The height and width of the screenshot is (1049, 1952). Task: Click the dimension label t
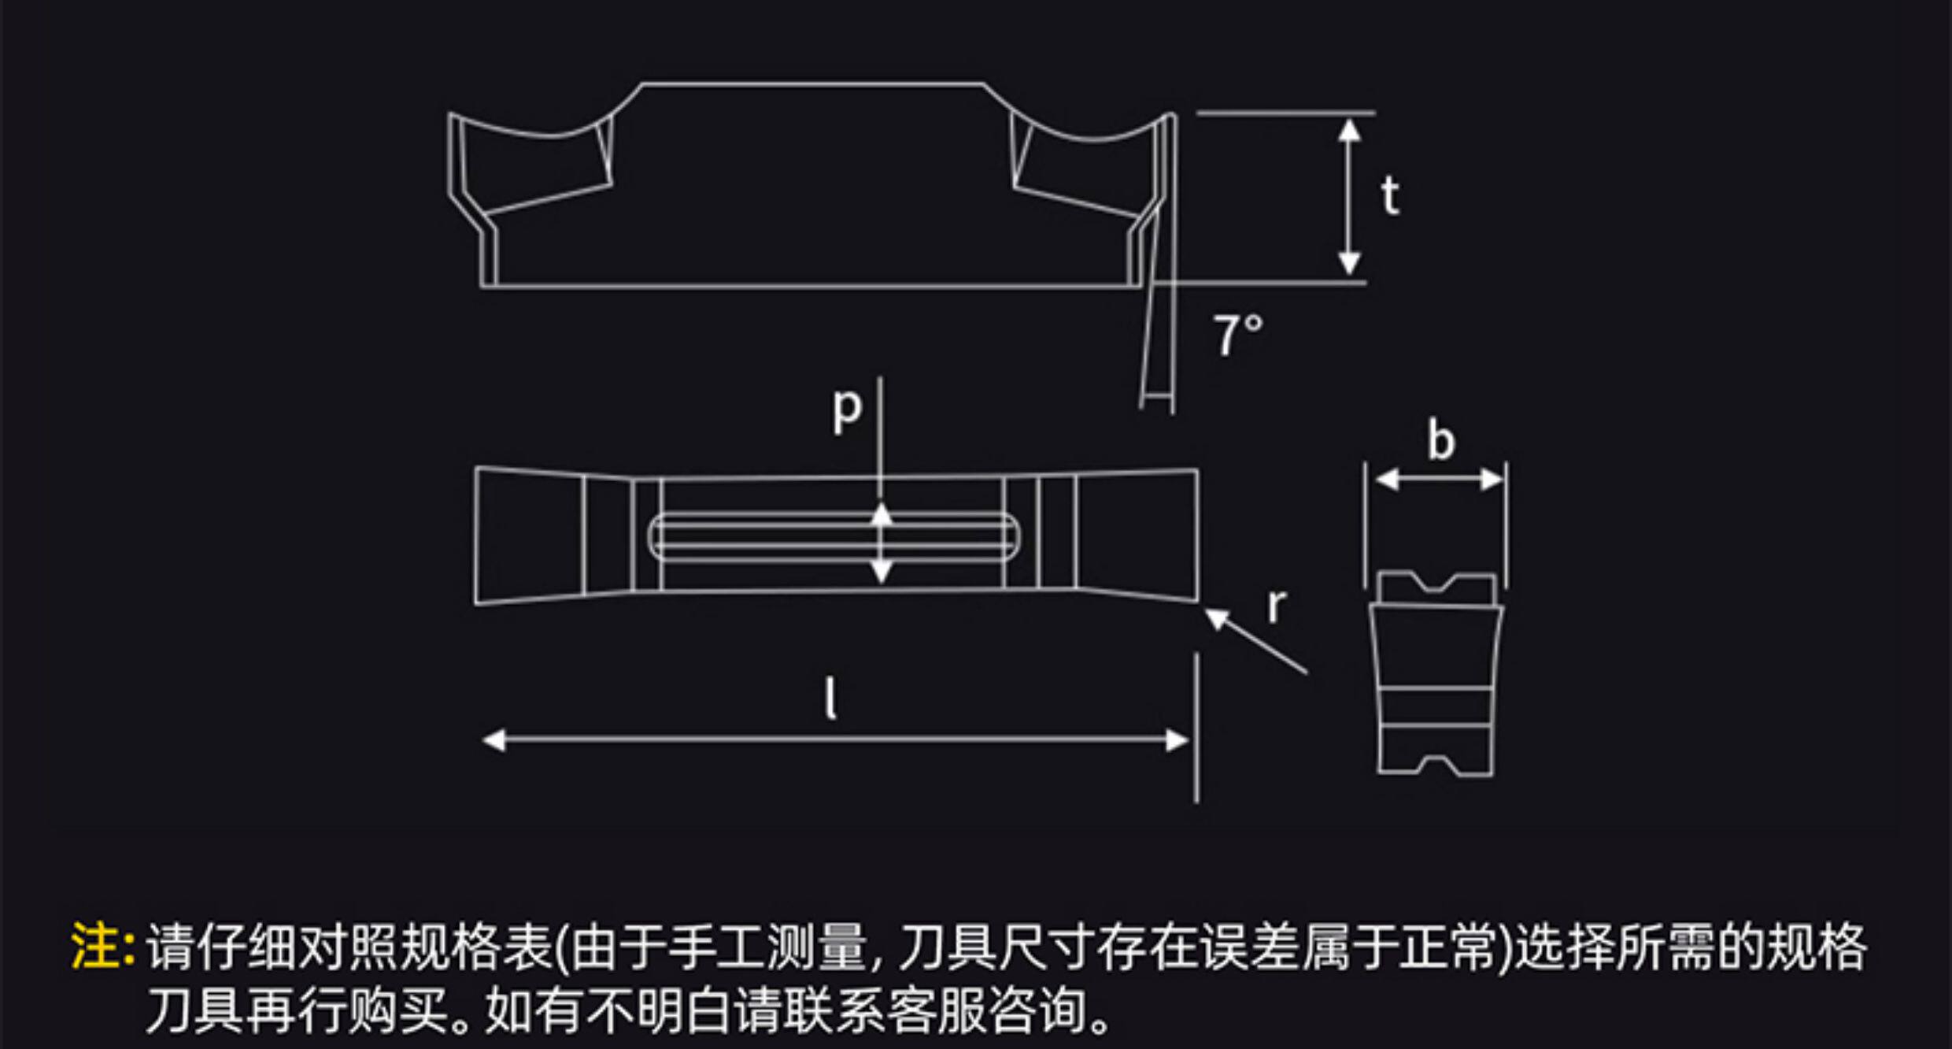click(x=1391, y=196)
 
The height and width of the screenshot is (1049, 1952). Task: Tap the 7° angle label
click(x=1237, y=335)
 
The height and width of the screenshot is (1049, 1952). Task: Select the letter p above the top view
click(x=847, y=409)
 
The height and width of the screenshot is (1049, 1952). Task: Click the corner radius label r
click(x=1277, y=606)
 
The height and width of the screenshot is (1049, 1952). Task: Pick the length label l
click(x=830, y=699)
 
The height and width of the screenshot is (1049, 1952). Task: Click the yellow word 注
click(x=94, y=946)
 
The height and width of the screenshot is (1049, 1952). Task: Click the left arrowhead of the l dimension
click(x=494, y=740)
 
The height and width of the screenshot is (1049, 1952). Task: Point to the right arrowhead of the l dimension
click(x=1177, y=740)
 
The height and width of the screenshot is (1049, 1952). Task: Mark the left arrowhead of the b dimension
click(x=1386, y=479)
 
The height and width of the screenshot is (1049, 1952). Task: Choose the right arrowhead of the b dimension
click(x=1492, y=479)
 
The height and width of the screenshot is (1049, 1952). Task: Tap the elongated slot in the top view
click(x=833, y=537)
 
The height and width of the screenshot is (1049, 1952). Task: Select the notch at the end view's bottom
click(x=1437, y=763)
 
